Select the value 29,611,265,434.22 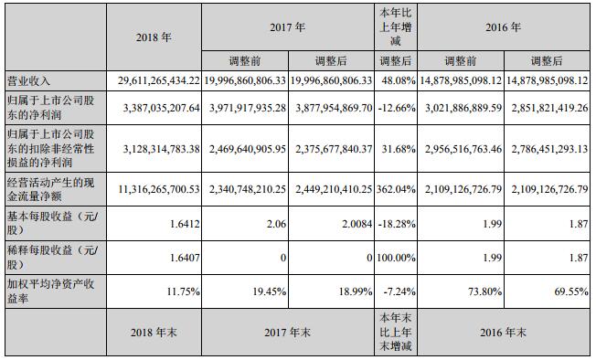158,80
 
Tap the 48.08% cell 397,80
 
